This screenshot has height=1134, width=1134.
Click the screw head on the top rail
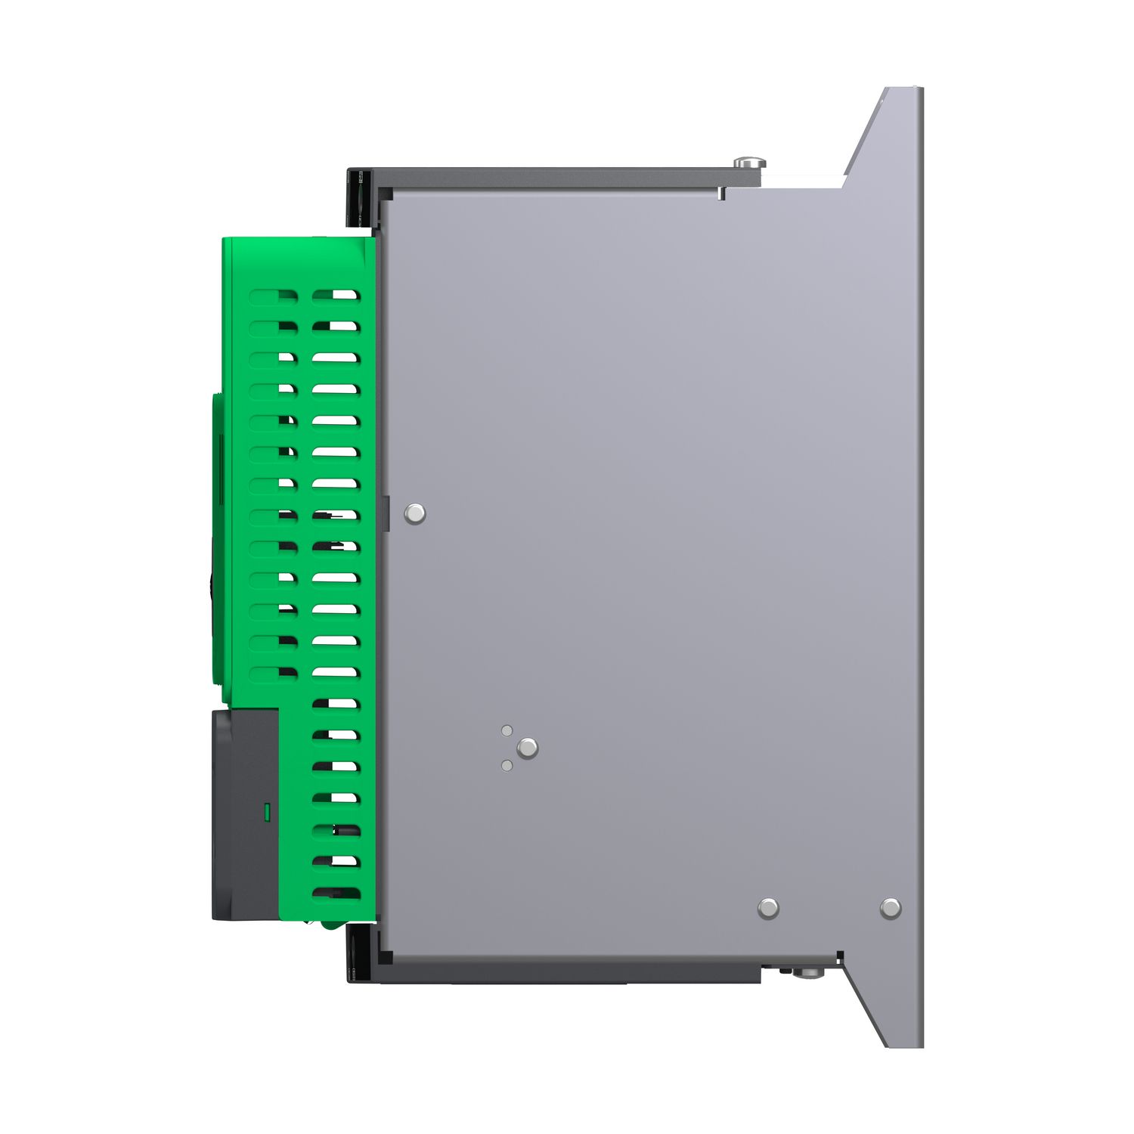pyautogui.click(x=749, y=162)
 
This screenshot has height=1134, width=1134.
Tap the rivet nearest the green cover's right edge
pyautogui.click(x=414, y=514)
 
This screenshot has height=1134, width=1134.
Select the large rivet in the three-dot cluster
pyautogui.click(x=527, y=748)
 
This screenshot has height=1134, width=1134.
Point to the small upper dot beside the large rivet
pyautogui.click(x=507, y=730)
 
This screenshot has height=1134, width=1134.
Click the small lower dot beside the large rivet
pyautogui.click(x=507, y=766)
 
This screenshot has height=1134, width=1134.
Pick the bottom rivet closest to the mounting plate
pyautogui.click(x=891, y=908)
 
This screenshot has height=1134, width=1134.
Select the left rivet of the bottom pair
pyautogui.click(x=768, y=908)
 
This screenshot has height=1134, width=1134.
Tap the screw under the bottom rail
pyautogui.click(x=809, y=972)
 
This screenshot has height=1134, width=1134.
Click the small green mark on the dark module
pyautogui.click(x=266, y=813)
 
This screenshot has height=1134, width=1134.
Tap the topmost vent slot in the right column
pyautogui.click(x=335, y=295)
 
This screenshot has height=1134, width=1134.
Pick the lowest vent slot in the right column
pyautogui.click(x=336, y=893)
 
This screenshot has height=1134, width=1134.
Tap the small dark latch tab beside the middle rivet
pyautogui.click(x=386, y=514)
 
